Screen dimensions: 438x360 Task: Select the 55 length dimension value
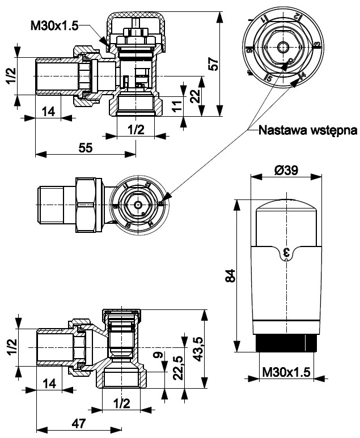85,147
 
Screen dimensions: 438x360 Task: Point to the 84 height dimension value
230,278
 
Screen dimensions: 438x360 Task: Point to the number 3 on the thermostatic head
286,253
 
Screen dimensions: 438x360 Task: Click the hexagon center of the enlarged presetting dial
282,45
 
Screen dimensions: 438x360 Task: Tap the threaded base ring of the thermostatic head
286,343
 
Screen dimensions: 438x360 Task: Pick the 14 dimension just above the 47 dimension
48,385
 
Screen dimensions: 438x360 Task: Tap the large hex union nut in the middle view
88,204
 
